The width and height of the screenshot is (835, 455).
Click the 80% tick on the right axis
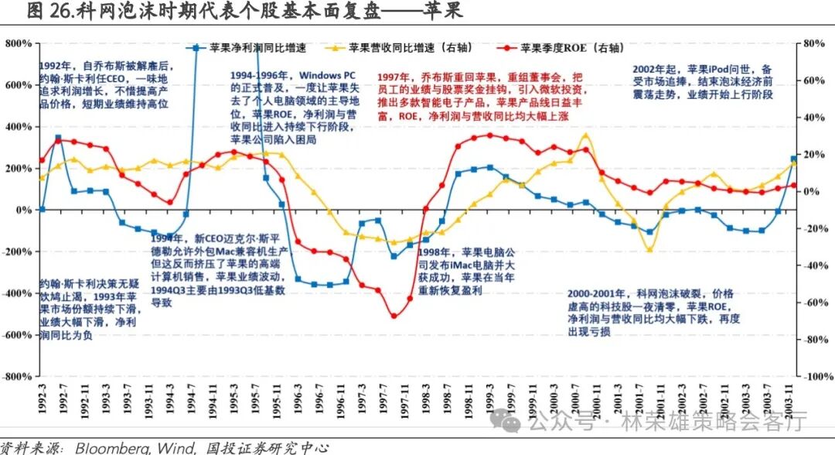point(815,43)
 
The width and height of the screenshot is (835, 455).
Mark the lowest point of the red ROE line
point(394,316)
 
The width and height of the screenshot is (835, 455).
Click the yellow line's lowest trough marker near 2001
point(649,249)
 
